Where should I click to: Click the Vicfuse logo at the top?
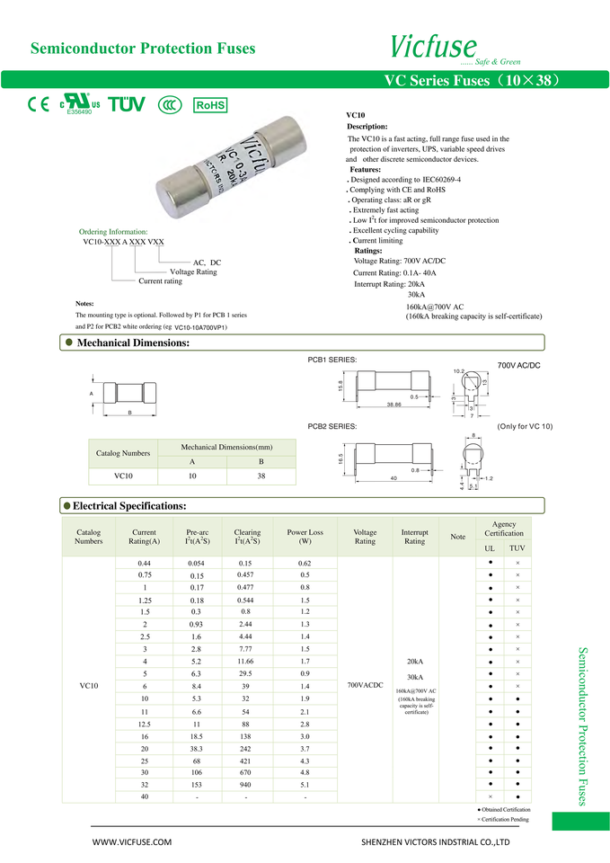click(434, 45)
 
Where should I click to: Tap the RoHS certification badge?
click(210, 105)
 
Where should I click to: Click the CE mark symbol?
click(38, 103)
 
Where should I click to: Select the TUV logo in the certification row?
click(126, 104)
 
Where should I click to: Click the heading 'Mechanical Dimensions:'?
click(133, 343)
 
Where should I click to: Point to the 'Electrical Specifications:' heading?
click(129, 506)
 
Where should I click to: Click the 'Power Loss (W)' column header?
click(305, 537)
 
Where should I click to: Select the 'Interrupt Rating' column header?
click(414, 537)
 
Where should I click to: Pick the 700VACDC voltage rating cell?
click(365, 685)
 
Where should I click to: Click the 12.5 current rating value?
click(144, 724)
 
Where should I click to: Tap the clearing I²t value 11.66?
click(244, 661)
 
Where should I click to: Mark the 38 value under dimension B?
click(261, 476)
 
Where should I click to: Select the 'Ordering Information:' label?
click(113, 232)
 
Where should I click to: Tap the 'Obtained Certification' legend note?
click(505, 810)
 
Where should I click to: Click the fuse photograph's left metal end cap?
click(181, 192)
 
